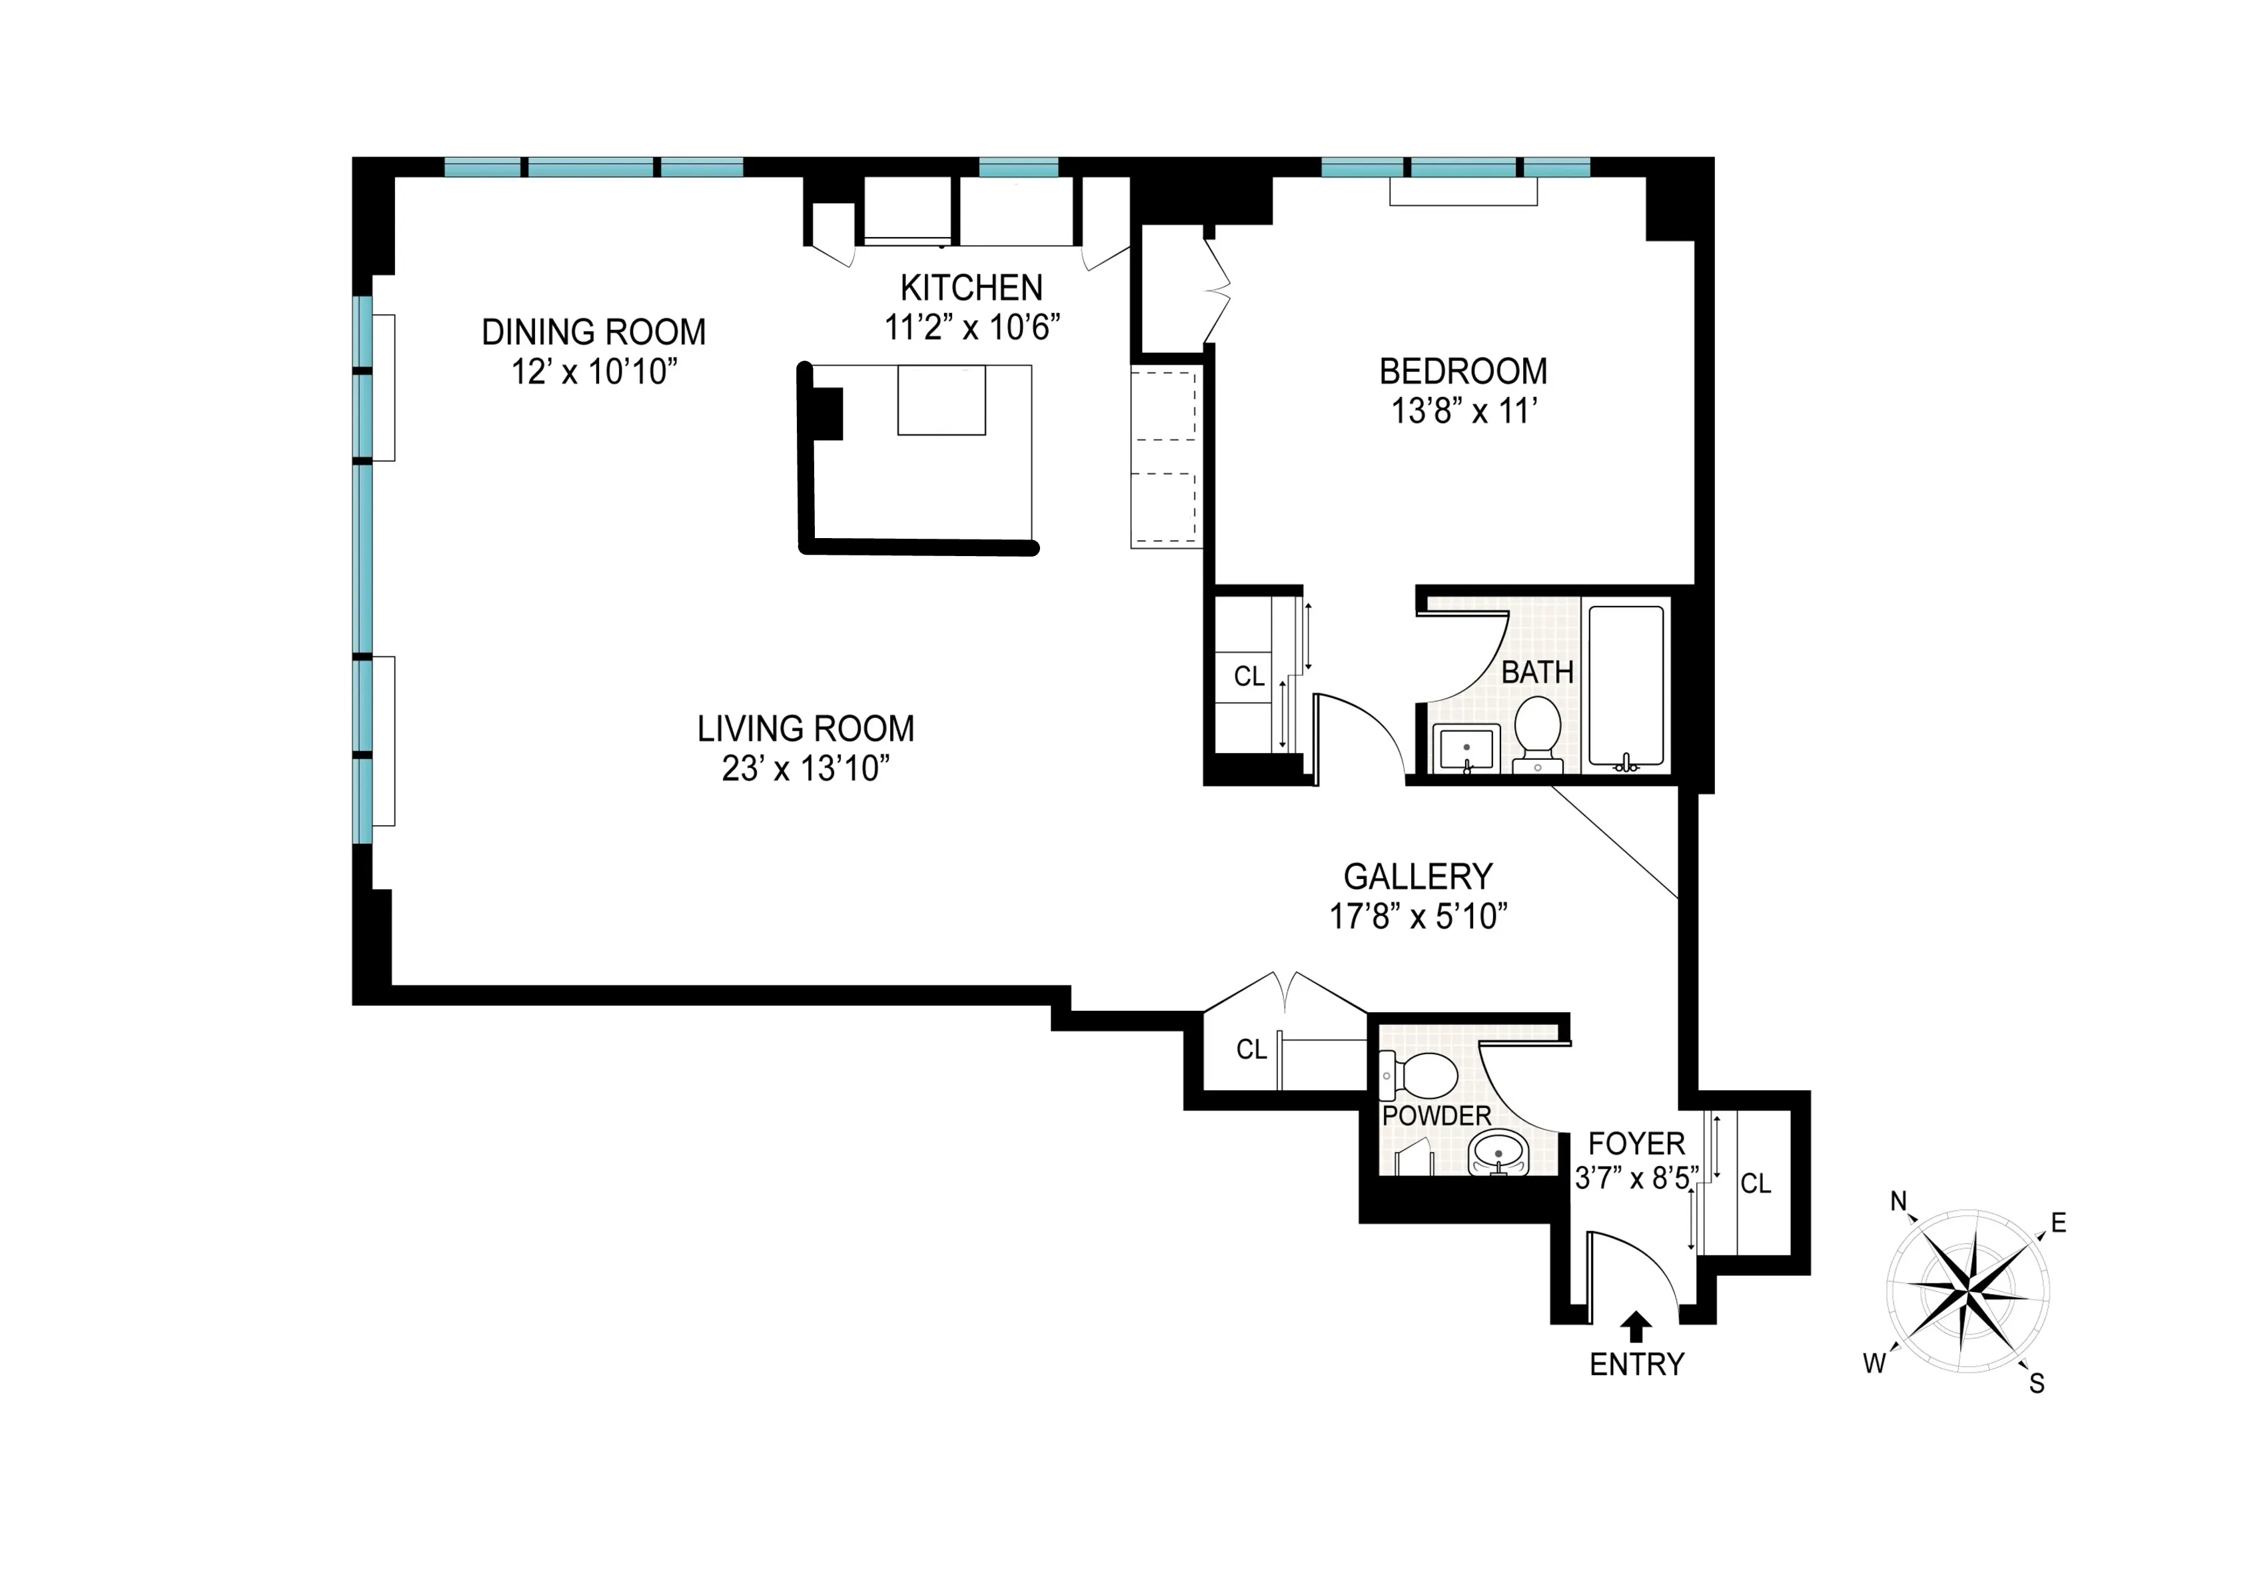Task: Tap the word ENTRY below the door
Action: pyautogui.click(x=1637, y=1364)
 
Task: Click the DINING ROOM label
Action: pyautogui.click(x=593, y=332)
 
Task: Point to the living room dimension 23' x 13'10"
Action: pyautogui.click(x=806, y=769)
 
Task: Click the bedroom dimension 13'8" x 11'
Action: pyautogui.click(x=1463, y=412)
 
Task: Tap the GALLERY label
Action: pyautogui.click(x=1417, y=876)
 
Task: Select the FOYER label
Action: pyautogui.click(x=1636, y=1143)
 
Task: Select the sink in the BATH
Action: pyautogui.click(x=1466, y=749)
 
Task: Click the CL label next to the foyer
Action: pyautogui.click(x=1756, y=1183)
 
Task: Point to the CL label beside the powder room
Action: pyautogui.click(x=1251, y=1050)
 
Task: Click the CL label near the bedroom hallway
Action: pyautogui.click(x=1249, y=676)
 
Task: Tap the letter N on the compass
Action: pyautogui.click(x=1899, y=1201)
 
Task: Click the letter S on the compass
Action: pyautogui.click(x=2037, y=1383)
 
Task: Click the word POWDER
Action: pyautogui.click(x=1436, y=1116)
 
